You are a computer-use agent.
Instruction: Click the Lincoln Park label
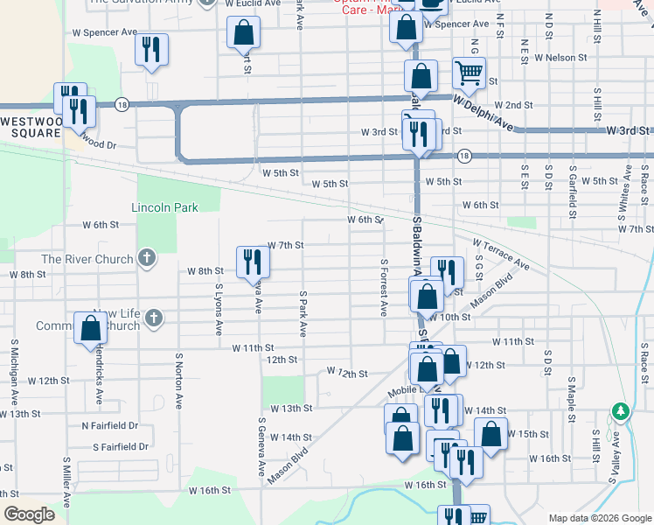[x=164, y=207]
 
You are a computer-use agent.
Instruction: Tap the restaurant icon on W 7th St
[x=249, y=262]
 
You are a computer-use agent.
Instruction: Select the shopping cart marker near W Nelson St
[x=470, y=73]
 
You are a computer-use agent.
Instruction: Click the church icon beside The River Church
[x=147, y=259]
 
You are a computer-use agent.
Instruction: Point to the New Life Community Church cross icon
[x=155, y=318]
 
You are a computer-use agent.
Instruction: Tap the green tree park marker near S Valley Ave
[x=621, y=410]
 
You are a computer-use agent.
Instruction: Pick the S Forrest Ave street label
[x=383, y=287]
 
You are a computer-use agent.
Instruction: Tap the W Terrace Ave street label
[x=501, y=253]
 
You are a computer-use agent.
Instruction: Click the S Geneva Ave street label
[x=261, y=446]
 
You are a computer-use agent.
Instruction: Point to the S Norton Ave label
[x=178, y=381]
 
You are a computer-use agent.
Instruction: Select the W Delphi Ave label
[x=484, y=115]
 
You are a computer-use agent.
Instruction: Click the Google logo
[x=30, y=514]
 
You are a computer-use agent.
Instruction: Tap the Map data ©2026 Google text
[x=599, y=518]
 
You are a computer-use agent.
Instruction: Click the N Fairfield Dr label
[x=109, y=425]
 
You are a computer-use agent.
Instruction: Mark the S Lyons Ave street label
[x=219, y=308]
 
